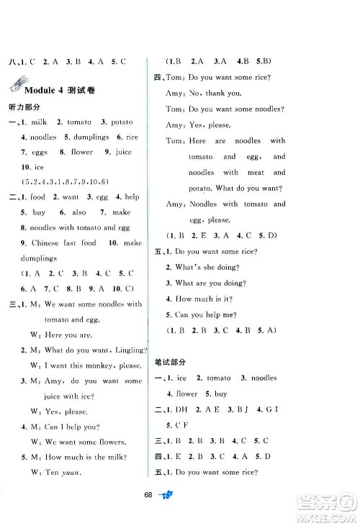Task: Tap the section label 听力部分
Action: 21,106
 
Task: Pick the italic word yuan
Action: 68,473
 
